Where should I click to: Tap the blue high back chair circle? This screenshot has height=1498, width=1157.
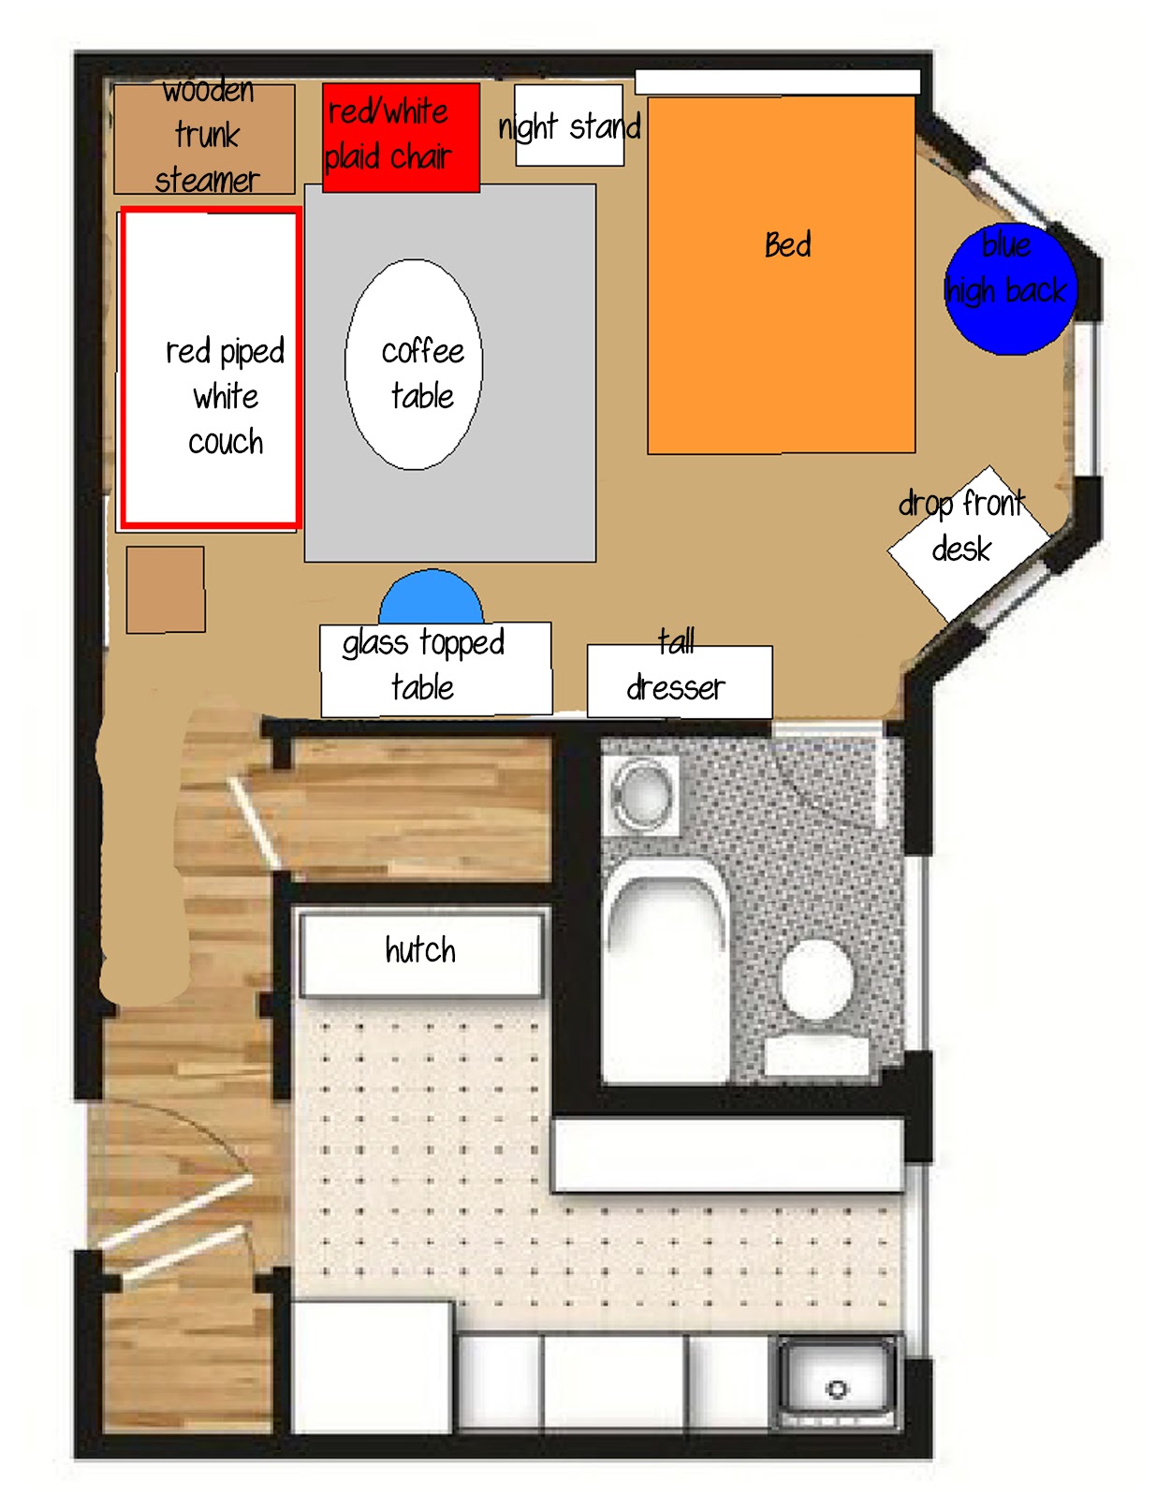(1010, 289)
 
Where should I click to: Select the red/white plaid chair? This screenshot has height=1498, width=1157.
(401, 137)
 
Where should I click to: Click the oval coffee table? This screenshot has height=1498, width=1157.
(414, 364)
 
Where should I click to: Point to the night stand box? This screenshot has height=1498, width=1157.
(569, 125)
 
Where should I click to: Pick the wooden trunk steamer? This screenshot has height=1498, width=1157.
(204, 139)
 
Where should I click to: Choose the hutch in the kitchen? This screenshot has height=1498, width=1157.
(420, 951)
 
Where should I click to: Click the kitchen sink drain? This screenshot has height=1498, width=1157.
(837, 1388)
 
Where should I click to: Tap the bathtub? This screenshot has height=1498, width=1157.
(665, 974)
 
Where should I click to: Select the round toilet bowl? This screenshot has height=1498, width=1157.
(817, 979)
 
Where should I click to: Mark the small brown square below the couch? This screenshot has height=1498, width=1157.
(166, 589)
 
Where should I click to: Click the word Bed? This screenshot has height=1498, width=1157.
(787, 245)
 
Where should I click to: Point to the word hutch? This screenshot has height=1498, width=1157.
(420, 950)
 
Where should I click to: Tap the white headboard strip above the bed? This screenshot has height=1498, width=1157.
(777, 82)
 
